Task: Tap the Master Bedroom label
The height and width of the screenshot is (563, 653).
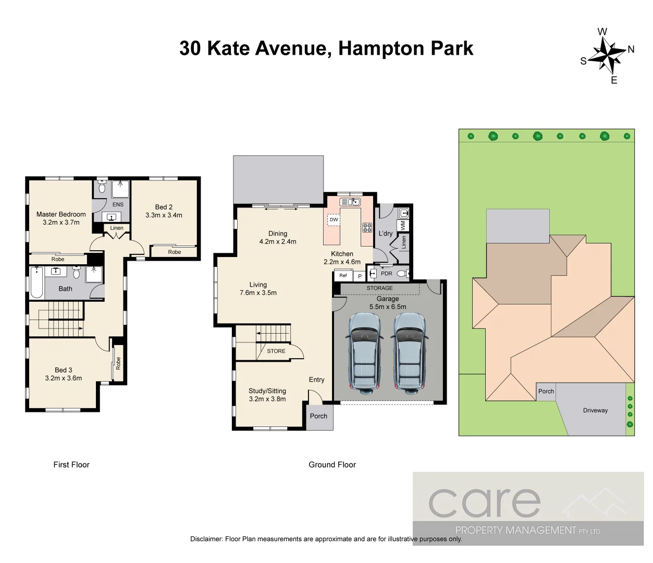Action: [61, 214]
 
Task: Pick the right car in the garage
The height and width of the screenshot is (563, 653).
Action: [409, 351]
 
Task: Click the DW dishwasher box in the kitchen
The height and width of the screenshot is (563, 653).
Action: [334, 220]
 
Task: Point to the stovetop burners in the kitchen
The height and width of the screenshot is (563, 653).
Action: [367, 227]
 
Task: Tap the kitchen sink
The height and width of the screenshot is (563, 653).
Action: [350, 202]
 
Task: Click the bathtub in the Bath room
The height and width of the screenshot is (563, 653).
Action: [36, 283]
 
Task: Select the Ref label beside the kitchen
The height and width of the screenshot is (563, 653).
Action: [343, 275]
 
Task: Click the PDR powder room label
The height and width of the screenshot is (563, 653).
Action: [387, 273]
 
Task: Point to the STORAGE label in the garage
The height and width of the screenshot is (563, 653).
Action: [379, 288]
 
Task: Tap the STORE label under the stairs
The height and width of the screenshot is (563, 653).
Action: [276, 351]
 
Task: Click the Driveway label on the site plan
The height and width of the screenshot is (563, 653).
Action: [595, 410]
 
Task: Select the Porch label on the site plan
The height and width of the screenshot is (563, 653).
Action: [546, 391]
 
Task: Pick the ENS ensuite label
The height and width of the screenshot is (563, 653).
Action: [118, 204]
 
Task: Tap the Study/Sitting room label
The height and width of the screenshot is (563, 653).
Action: [267, 390]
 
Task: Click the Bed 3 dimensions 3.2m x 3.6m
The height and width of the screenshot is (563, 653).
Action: [64, 378]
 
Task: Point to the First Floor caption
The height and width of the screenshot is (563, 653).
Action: [71, 464]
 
